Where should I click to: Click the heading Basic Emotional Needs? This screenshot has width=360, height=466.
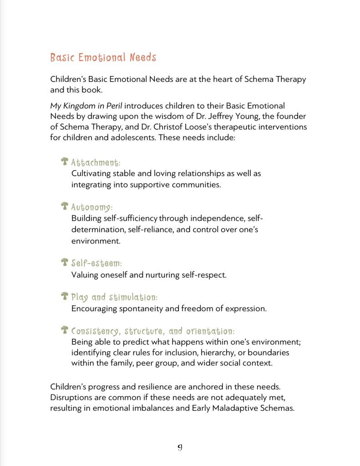pyautogui.click(x=103, y=58)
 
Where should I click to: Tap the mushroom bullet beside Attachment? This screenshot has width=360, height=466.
pyautogui.click(x=65, y=162)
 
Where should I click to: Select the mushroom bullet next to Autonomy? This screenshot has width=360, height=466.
pyautogui.click(x=65, y=206)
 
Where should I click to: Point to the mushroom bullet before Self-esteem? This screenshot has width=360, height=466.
pyautogui.click(x=65, y=262)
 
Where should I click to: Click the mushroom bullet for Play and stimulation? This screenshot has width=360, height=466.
pyautogui.click(x=65, y=296)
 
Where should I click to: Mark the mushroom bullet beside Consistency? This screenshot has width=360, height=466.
pyautogui.click(x=65, y=330)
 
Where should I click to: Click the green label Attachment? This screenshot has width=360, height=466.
pyautogui.click(x=96, y=162)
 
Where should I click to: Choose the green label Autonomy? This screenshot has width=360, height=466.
pyautogui.click(x=91, y=207)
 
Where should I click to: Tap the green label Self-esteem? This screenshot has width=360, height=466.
pyautogui.click(x=96, y=263)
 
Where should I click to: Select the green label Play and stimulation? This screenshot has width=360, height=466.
pyautogui.click(x=114, y=297)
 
